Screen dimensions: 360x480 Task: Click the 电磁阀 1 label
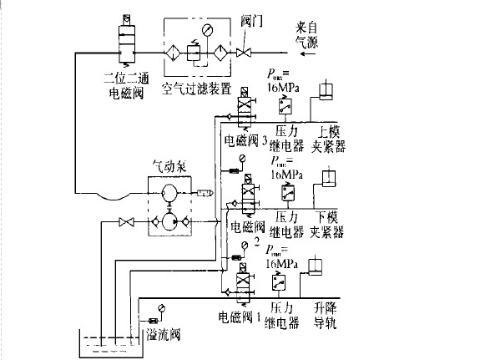coord(242,317)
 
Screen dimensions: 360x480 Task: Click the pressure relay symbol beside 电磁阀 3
coord(285,107)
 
